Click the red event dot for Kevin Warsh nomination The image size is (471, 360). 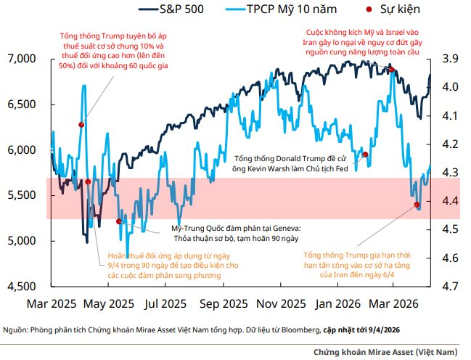pos(365,155)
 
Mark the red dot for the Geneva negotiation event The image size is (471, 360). pos(119,221)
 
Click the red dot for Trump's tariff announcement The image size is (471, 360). pos(81,125)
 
